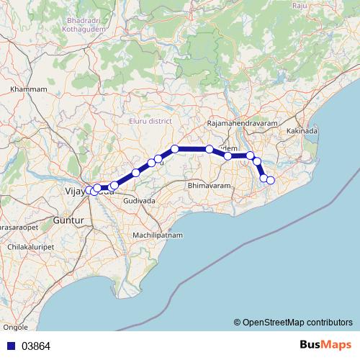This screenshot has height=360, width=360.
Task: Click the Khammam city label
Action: tap(29, 89)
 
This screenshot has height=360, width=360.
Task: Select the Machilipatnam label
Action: tap(158, 235)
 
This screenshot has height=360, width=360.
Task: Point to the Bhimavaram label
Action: tap(207, 186)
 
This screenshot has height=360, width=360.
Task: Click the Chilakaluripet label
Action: tap(30, 246)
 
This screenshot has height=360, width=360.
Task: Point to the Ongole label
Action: tap(15, 326)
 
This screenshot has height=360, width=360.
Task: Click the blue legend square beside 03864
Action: tap(10, 346)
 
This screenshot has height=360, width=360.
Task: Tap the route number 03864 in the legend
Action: tap(36, 346)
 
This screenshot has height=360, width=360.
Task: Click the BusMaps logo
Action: tap(325, 345)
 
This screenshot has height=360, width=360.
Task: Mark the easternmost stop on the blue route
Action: tap(271, 180)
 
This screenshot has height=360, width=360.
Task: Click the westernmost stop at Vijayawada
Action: tap(89, 190)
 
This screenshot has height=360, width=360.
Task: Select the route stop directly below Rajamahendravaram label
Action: tap(210, 149)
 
